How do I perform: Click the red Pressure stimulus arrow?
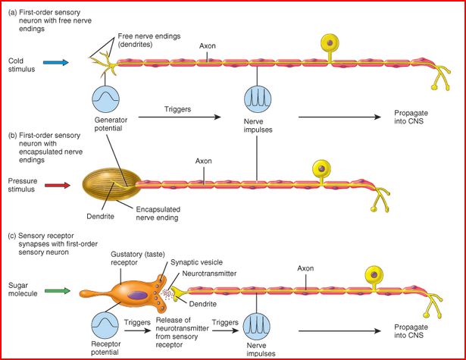point(58,183)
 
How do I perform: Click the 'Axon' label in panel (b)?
point(203,161)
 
